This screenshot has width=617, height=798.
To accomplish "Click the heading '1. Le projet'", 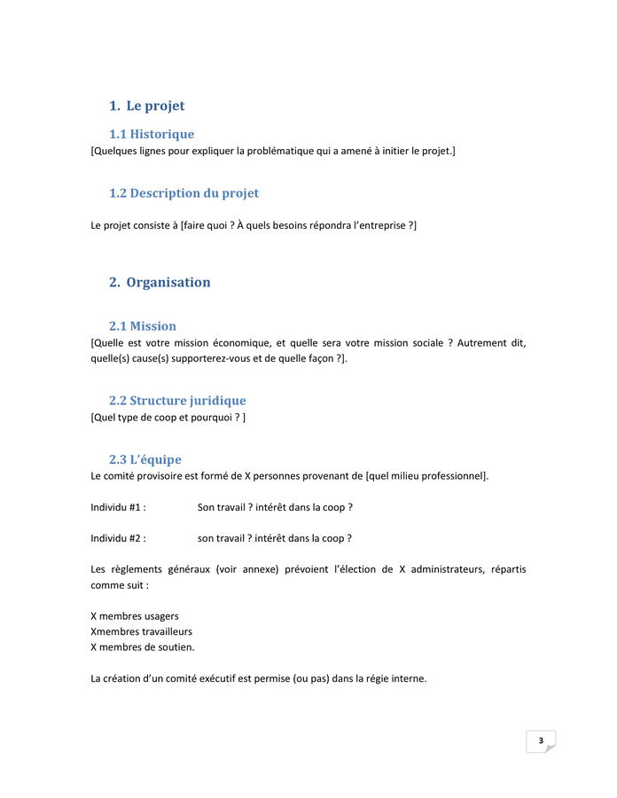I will [146, 106].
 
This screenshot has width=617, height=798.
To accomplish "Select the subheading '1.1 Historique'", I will [151, 135].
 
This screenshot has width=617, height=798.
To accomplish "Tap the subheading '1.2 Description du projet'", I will [184, 193].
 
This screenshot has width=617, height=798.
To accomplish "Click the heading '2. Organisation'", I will [160, 283].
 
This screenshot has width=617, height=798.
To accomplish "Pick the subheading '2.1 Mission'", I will [142, 326].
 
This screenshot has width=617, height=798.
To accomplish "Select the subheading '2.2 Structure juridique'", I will [177, 401].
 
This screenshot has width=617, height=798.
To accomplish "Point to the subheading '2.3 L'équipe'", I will [144, 459].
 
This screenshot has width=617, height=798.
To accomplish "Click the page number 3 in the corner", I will [541, 740].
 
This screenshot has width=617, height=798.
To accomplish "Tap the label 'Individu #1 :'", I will [118, 507].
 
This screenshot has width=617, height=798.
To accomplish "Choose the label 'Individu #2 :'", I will [118, 537].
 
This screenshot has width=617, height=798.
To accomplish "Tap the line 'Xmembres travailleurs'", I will [141, 631].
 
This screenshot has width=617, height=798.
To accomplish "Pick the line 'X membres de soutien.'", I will [143, 647].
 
